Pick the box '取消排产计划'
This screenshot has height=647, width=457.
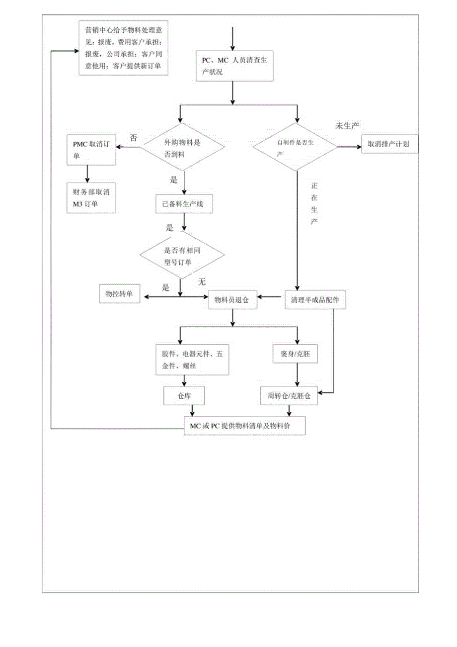389,144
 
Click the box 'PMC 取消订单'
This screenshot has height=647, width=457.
91,150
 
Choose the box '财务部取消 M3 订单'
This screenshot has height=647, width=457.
91,198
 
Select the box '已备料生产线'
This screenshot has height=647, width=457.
184,203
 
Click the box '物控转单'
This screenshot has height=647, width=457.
120,294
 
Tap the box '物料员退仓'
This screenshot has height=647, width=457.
231,299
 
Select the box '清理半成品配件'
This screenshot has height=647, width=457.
315,299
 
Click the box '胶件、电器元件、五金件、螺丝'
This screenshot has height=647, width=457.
191,359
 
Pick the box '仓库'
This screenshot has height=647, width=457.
184,395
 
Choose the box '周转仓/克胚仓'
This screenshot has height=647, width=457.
289,395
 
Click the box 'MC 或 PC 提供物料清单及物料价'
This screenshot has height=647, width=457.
244,425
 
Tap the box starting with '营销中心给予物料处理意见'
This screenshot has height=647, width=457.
123,48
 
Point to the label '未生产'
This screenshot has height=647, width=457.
348,126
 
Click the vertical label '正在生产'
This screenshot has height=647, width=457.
314,203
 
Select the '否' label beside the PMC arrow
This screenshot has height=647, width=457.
133,137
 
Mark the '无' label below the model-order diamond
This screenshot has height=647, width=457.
202,282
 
